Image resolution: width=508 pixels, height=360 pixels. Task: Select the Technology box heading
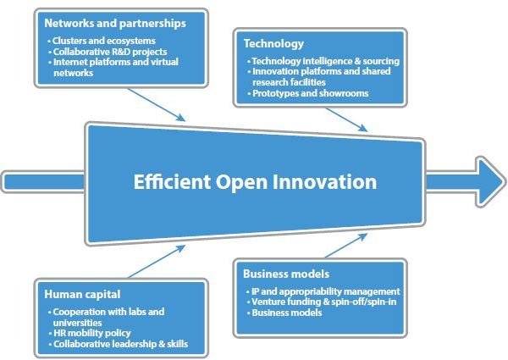(x=273, y=43)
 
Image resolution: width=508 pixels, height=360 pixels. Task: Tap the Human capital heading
(x=83, y=295)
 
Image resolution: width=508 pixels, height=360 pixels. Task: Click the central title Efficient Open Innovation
(x=255, y=181)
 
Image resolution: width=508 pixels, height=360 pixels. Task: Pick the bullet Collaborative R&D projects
(x=108, y=52)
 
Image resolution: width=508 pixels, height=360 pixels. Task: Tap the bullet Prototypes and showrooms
(x=311, y=93)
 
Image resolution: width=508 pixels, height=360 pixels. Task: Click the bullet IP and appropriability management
(x=323, y=291)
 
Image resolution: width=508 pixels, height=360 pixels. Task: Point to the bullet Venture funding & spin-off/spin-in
(x=323, y=302)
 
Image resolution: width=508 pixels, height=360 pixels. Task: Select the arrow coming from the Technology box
(x=339, y=117)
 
